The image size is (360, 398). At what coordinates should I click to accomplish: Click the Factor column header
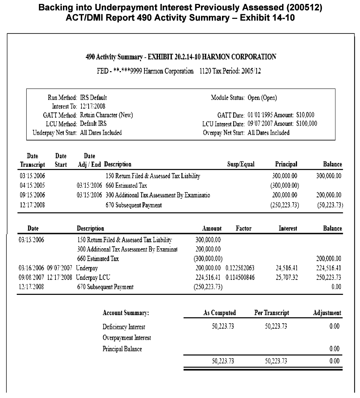(244, 228)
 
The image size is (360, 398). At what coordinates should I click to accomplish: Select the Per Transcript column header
(272, 313)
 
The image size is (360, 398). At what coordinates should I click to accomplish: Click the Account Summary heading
(126, 313)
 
